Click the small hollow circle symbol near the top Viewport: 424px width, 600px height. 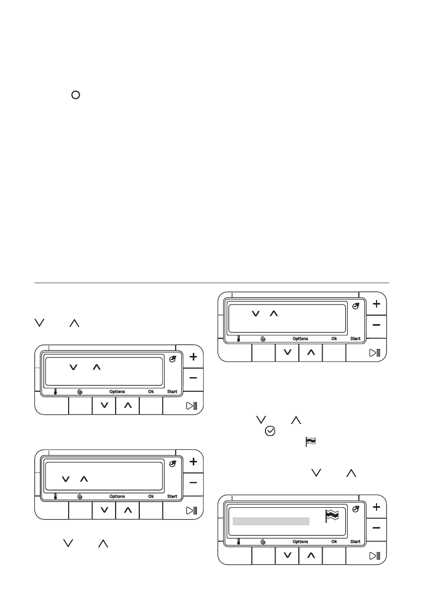point(75,95)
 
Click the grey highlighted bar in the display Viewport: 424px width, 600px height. point(271,521)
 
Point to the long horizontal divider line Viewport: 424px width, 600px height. point(211,283)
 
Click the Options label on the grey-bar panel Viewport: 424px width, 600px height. point(300,542)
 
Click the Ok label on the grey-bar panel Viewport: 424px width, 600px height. point(334,542)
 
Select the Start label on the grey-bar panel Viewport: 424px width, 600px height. point(355,542)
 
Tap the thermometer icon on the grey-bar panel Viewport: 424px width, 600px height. point(238,542)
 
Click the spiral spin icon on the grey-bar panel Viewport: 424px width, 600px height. point(263,542)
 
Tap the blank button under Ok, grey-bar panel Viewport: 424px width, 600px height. point(334,556)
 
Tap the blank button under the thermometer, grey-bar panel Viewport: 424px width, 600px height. point(237,556)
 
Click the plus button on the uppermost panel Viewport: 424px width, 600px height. point(377,304)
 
